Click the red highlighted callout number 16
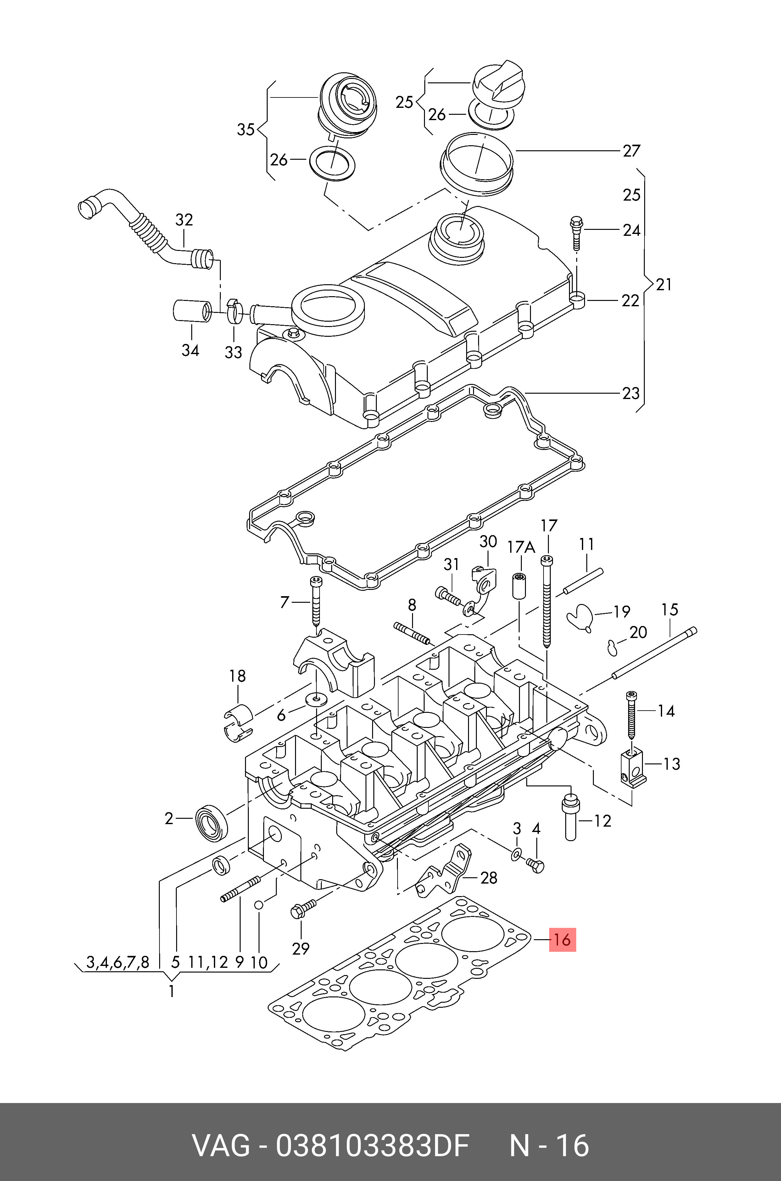[x=562, y=940]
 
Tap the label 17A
[x=521, y=548]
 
